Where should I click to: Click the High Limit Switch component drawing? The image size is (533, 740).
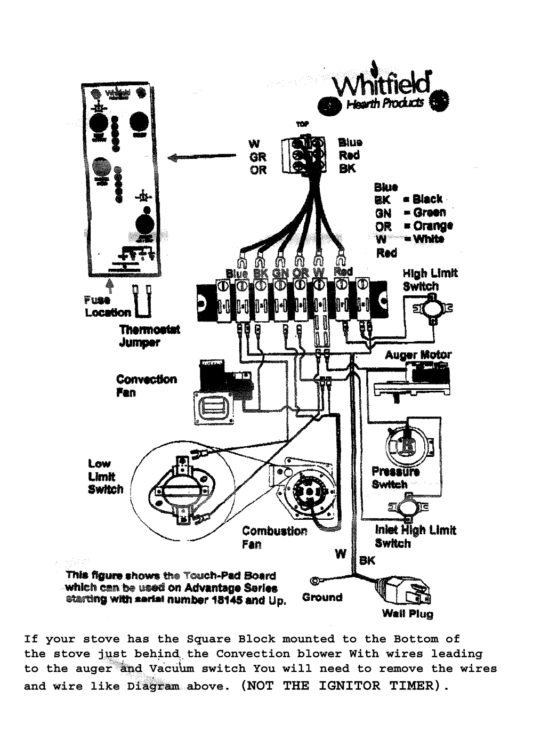point(430,308)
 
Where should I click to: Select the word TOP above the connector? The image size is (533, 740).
point(301,124)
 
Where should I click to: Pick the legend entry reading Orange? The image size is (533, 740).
point(432,226)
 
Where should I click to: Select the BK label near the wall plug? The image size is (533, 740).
point(367,560)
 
